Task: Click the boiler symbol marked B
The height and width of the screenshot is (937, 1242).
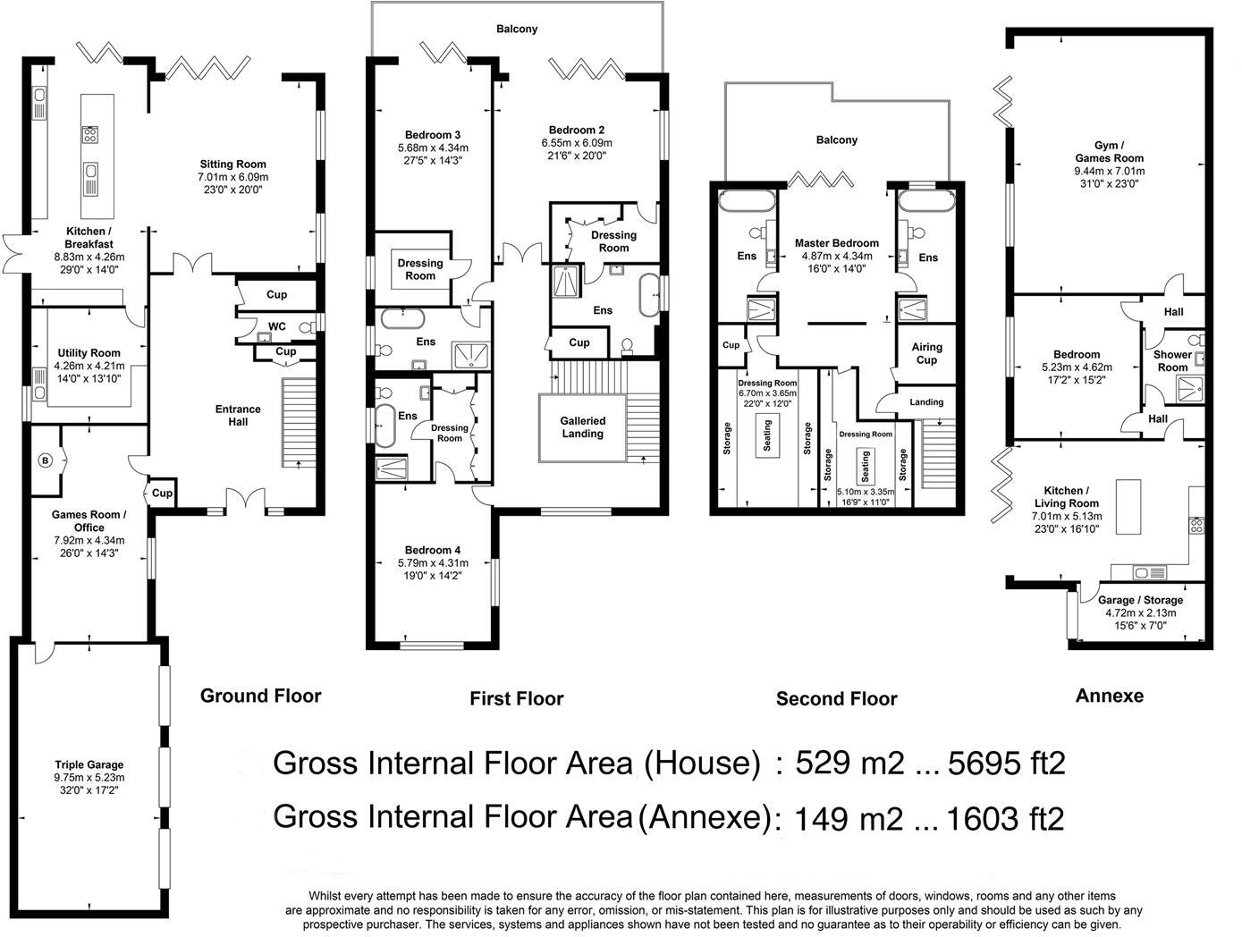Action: point(46,460)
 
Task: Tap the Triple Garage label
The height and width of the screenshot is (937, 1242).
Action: point(89,764)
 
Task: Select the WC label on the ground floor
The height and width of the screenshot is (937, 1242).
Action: point(276,326)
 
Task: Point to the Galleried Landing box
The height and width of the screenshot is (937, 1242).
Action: point(582,427)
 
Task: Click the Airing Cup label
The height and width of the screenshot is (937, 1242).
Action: point(927,354)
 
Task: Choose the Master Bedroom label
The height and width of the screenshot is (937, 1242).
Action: point(837,243)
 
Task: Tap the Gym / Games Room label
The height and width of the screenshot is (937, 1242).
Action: point(1109,152)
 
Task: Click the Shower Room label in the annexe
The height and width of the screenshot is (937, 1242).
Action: point(1172,361)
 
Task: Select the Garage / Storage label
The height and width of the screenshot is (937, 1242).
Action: point(1141,600)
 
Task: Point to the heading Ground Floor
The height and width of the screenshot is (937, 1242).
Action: point(261,696)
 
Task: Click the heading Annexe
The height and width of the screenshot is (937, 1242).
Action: point(1110,696)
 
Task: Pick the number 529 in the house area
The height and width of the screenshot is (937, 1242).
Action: point(823,763)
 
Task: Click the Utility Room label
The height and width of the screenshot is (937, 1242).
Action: point(89,353)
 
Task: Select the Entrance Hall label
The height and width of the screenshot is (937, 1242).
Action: point(238,416)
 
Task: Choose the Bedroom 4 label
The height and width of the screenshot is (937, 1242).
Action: point(433,550)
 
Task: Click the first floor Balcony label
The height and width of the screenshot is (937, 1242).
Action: point(517,29)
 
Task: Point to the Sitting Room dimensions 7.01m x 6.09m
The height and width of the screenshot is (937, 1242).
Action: point(233,176)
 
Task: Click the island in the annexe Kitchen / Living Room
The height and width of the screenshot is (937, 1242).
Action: point(1128,507)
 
